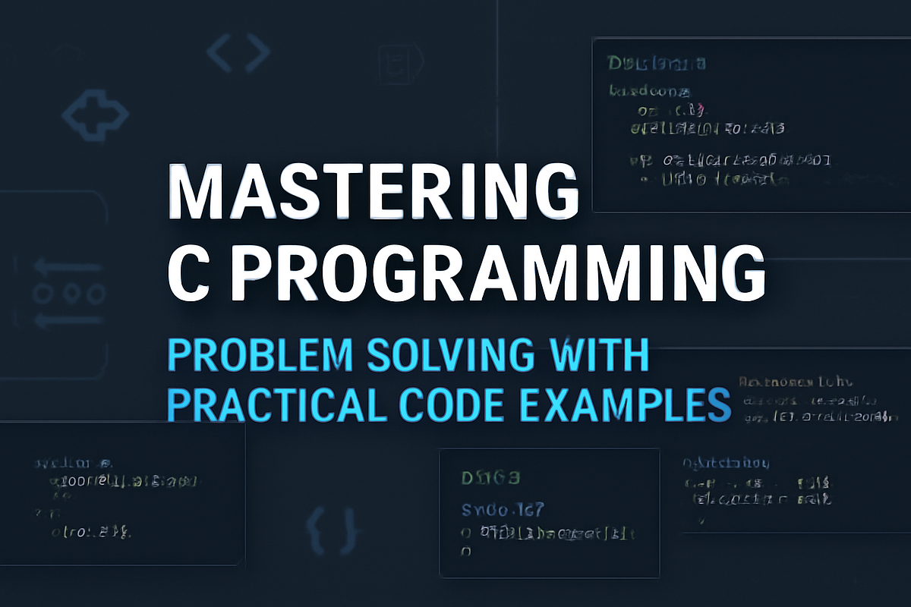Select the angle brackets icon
coord(238,53)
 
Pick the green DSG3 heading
coord(490,479)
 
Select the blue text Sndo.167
coord(503,509)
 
